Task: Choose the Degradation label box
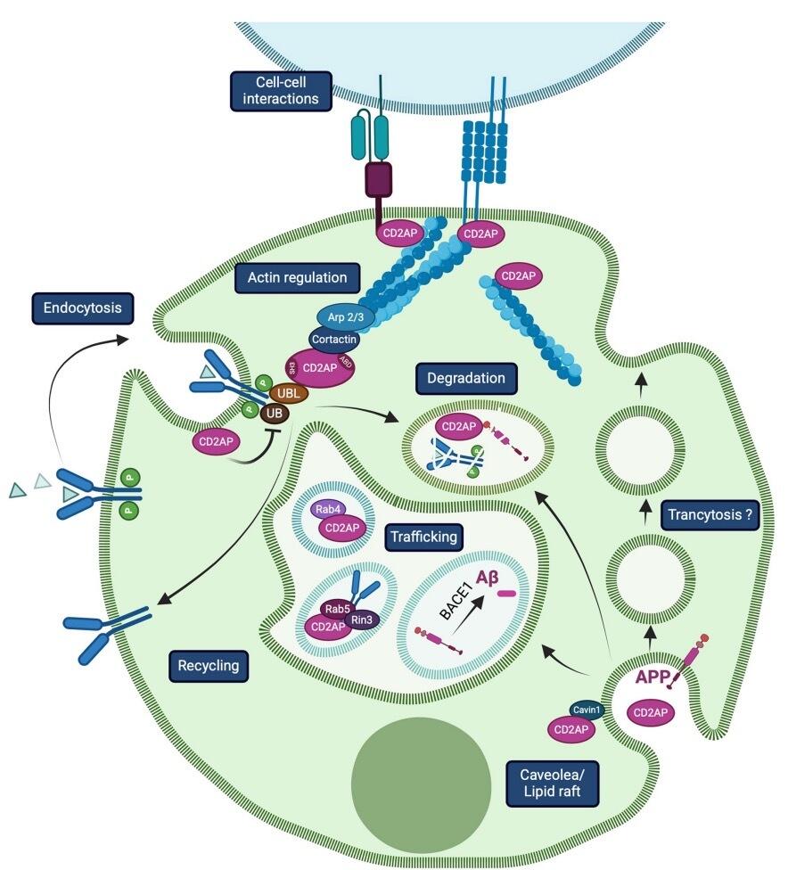pyautogui.click(x=466, y=378)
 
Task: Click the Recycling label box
pyautogui.click(x=209, y=664)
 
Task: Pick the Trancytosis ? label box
pyautogui.click(x=710, y=514)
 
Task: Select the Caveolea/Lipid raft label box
pyautogui.click(x=552, y=782)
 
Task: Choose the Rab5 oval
pyautogui.click(x=338, y=609)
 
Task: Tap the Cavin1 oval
pyautogui.click(x=587, y=709)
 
